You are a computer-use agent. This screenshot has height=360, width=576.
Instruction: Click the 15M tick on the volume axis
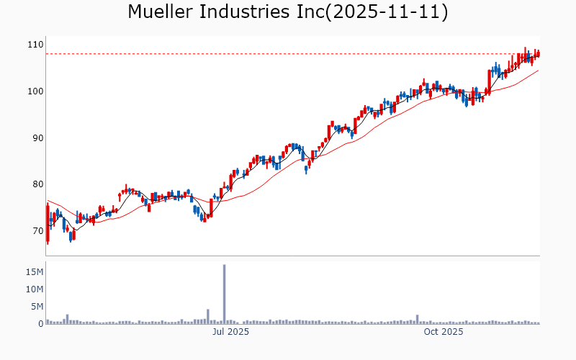click(35, 272)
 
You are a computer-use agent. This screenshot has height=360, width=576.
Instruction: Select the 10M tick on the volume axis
click(35, 289)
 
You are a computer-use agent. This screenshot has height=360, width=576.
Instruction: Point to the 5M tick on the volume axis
click(37, 307)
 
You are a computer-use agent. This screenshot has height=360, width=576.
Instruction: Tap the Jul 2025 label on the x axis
click(230, 332)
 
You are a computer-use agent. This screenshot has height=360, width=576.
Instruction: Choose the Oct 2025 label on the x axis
click(444, 332)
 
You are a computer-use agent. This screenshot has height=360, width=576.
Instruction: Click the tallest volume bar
click(225, 294)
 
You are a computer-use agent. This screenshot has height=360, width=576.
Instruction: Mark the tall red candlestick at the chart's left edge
click(48, 224)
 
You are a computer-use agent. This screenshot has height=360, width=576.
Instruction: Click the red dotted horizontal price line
click(288, 54)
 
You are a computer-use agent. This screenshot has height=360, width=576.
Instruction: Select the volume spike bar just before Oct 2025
click(417, 320)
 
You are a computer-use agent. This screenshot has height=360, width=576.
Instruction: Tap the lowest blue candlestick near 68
click(71, 236)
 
